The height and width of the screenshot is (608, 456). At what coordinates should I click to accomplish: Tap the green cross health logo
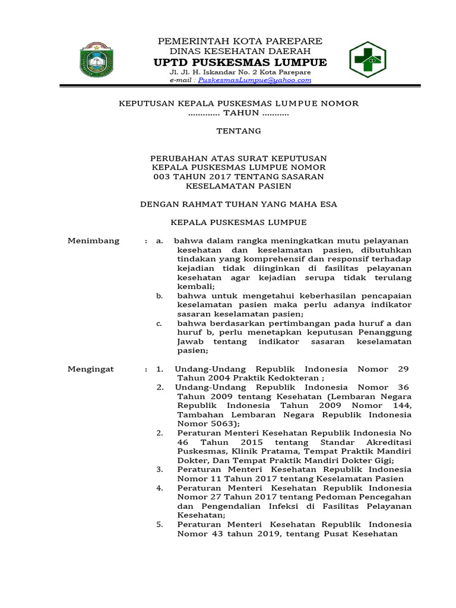coord(367,60)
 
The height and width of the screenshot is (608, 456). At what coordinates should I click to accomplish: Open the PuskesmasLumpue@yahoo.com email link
coord(255,80)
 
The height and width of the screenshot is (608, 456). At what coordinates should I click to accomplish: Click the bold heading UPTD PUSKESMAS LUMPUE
coord(240,63)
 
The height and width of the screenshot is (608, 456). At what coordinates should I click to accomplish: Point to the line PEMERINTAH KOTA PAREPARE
coord(239,41)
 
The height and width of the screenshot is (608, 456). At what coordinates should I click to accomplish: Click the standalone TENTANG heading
coord(239,131)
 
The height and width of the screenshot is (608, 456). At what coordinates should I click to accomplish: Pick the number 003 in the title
coord(163,176)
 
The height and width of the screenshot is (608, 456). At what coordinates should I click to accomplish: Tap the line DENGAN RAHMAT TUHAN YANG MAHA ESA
coord(239,204)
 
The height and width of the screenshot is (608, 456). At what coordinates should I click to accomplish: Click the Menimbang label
coord(93,240)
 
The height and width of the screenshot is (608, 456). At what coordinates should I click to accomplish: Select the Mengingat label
coord(91,369)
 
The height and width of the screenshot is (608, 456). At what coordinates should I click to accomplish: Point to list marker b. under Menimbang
coord(159,296)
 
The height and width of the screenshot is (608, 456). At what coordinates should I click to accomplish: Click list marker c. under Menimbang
coord(159,324)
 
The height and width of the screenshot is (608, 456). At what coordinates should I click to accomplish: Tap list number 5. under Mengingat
coord(160,525)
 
